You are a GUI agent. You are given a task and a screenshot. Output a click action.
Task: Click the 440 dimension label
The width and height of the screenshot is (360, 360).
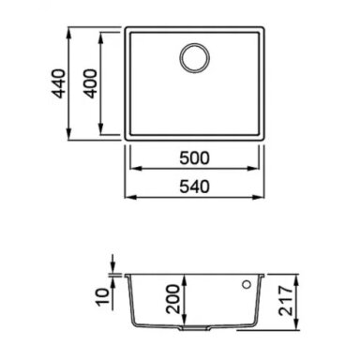[59, 83]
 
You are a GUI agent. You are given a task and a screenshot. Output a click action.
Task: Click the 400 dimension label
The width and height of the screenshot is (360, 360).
[91, 83]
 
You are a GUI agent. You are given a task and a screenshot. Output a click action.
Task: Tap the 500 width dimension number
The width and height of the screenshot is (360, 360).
[194, 158]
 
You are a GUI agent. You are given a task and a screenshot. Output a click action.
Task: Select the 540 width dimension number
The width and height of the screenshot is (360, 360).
[194, 187]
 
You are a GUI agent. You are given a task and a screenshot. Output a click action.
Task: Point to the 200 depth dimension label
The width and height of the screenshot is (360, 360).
[173, 299]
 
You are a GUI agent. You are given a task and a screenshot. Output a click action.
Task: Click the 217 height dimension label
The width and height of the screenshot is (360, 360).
[286, 300]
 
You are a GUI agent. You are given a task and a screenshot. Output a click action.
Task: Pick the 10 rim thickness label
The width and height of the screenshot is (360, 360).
[103, 296]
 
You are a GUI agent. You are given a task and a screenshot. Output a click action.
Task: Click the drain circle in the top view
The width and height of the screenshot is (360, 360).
[194, 58]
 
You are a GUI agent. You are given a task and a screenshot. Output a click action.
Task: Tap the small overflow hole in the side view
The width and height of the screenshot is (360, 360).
[247, 285]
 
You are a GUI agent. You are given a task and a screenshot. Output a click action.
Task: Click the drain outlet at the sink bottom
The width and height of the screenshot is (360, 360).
[194, 328]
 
